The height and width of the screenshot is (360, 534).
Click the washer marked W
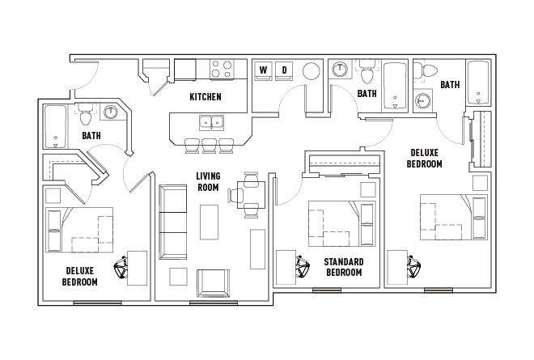(264, 71)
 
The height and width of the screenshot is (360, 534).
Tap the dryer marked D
(284, 71)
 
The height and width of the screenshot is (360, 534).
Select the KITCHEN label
(206, 97)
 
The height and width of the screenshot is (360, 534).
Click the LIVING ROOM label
(208, 181)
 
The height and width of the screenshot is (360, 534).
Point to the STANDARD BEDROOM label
(344, 267)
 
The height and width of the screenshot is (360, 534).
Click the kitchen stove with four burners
(222, 70)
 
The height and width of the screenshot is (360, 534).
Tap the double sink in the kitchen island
(211, 123)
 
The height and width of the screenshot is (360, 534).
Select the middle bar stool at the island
(209, 146)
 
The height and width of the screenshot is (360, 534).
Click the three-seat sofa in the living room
(172, 222)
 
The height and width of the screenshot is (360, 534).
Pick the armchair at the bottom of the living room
(213, 283)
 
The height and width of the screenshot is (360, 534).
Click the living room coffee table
(209, 222)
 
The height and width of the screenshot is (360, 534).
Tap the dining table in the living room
(252, 194)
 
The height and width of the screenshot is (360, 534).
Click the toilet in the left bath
(86, 114)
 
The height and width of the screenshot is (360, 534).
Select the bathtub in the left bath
(56, 127)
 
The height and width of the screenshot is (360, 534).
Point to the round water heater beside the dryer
(311, 71)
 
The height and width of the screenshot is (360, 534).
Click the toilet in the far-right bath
(426, 71)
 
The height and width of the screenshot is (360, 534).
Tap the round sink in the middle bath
(340, 70)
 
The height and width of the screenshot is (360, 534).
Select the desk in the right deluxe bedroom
(398, 267)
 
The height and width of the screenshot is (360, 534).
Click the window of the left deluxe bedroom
(97, 303)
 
